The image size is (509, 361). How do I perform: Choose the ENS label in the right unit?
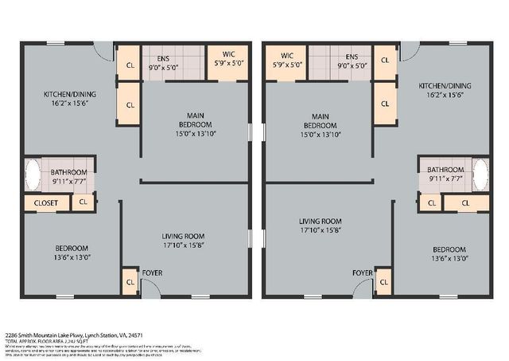[351, 56]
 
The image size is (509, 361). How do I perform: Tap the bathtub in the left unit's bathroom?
[33, 175]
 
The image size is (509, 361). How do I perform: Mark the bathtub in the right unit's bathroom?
[480, 175]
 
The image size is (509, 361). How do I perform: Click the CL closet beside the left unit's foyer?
[130, 281]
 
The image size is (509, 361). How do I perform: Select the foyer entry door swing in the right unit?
[363, 288]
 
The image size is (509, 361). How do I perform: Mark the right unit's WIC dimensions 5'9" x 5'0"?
[286, 65]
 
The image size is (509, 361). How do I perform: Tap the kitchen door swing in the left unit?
[104, 51]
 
